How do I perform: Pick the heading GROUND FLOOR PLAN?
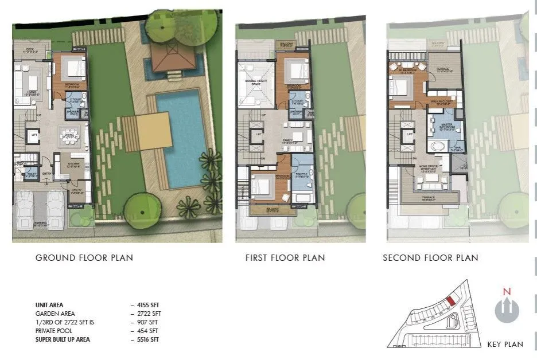click(84, 258)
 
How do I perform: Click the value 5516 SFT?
click(149, 340)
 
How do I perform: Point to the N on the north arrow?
click(506, 291)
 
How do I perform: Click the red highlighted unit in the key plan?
click(451, 300)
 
